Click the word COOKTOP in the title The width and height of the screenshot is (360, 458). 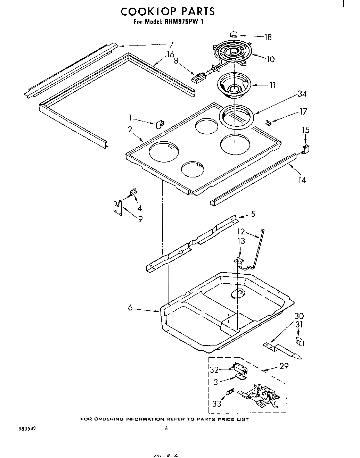coord(146,11)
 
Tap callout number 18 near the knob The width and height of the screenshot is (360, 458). coord(268,37)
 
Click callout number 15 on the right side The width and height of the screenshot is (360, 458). coord(305,130)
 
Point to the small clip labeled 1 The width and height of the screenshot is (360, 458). coord(161,124)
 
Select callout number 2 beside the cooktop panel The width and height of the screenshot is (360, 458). coord(130,130)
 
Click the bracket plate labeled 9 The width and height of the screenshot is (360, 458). coord(118,208)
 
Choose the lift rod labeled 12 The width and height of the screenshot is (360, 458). coord(257,250)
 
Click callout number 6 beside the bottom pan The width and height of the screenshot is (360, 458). coord(130,308)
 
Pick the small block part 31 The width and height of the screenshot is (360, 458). coord(299,342)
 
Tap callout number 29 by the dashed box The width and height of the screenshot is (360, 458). coord(284,366)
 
